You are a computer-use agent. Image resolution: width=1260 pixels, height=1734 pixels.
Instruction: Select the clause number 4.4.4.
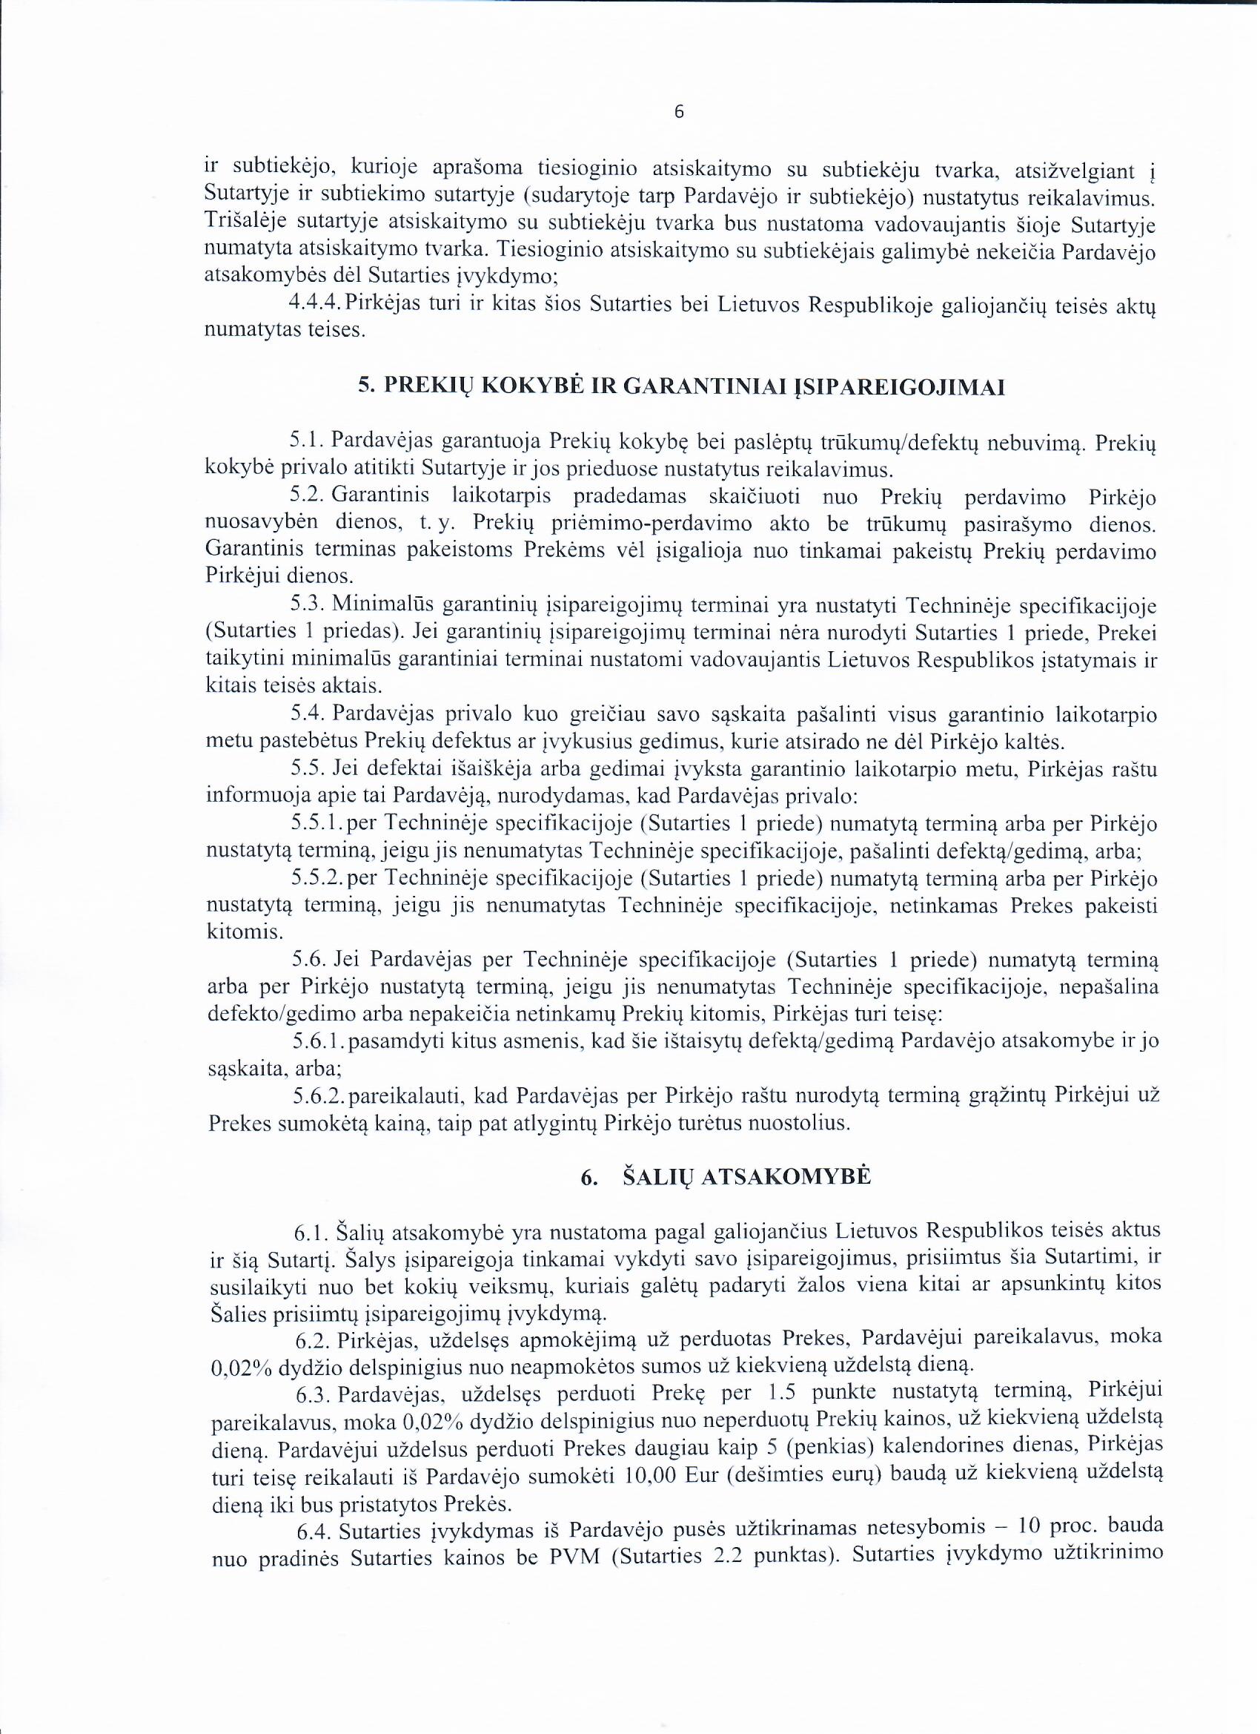(x=316, y=304)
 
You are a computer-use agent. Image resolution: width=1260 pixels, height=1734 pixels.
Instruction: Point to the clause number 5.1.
(x=308, y=441)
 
